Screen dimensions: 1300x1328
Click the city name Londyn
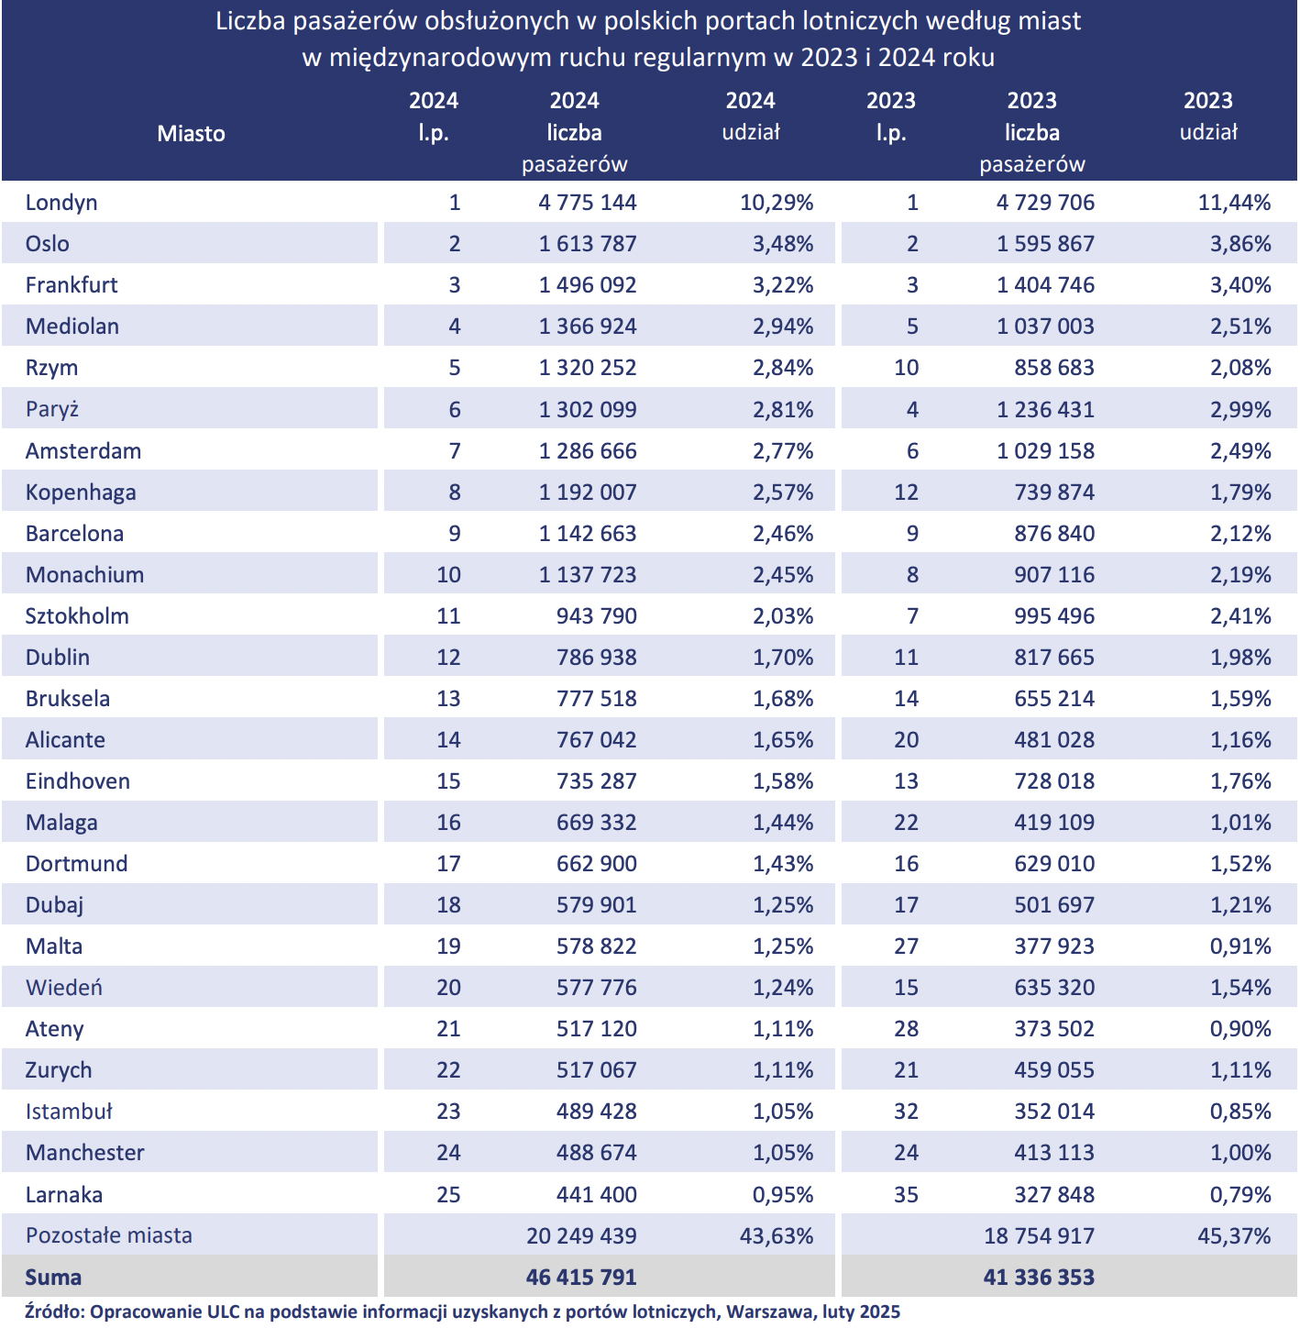point(61,203)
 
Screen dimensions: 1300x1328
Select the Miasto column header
point(191,133)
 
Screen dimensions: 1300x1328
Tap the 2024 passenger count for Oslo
point(588,243)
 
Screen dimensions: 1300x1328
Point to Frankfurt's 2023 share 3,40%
point(1240,284)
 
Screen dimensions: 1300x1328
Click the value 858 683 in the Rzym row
point(1054,368)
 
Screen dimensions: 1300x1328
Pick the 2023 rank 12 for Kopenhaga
point(906,492)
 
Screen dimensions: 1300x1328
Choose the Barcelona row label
point(74,534)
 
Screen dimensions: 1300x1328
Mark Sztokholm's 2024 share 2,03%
point(783,615)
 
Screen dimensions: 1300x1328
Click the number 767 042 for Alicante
point(597,739)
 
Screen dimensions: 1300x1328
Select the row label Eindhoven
point(78,780)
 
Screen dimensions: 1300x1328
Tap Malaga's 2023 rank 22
point(906,822)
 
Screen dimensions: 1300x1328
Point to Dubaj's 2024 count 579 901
point(597,905)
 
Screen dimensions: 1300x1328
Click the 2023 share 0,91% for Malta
point(1240,946)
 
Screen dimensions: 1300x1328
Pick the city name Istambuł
point(69,1112)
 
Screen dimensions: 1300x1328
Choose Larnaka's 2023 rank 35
point(906,1194)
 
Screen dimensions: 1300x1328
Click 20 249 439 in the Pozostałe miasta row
point(581,1235)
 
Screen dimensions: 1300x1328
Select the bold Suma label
point(53,1277)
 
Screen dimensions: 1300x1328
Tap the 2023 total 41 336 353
point(1039,1277)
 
